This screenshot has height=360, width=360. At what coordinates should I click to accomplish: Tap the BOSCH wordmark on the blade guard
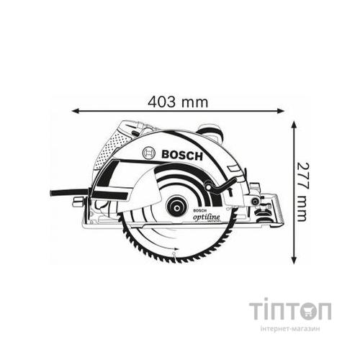pos(183,153)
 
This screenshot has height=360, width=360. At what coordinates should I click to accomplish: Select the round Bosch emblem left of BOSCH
pos(150,153)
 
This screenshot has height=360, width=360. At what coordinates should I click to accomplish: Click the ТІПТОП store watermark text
pos(290,311)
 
